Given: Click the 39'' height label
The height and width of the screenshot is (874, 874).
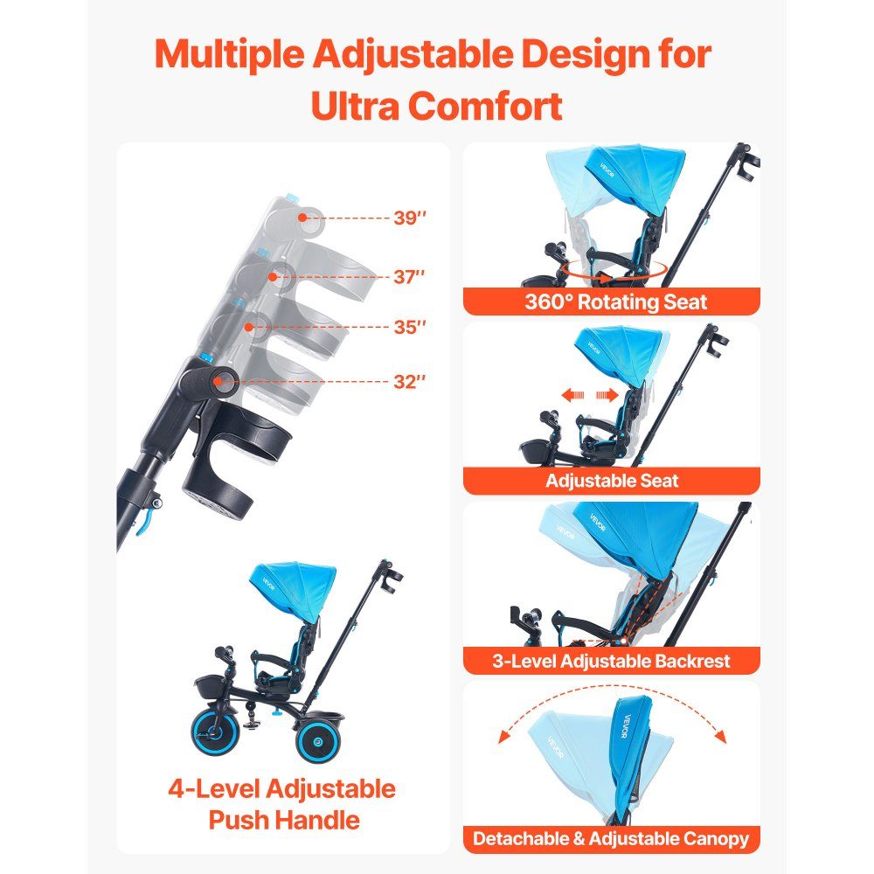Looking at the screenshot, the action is pos(410,218).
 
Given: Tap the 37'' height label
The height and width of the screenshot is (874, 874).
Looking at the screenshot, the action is pos(409,276).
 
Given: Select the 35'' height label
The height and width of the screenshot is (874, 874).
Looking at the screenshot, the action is pos(410,327).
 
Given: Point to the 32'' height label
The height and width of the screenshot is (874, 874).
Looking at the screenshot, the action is pos(410,382).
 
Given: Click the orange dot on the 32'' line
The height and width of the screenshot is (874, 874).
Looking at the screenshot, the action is pos(218,382).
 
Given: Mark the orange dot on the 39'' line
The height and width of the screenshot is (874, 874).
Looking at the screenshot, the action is pos(302,218).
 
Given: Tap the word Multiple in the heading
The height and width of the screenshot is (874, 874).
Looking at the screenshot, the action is pos(230,54).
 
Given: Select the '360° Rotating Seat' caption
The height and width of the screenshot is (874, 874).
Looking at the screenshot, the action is pos(615,302).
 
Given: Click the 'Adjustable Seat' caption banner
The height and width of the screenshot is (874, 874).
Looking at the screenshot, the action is pos(612,481).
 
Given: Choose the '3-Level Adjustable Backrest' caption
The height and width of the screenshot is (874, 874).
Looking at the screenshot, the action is pos(611,661).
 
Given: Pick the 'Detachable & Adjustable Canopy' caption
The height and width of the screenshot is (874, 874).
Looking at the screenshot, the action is pos(611,839).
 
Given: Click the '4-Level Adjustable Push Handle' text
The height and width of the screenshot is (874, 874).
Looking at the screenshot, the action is pos(282,804).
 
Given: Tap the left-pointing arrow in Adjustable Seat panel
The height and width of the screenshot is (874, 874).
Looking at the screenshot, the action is pos(572,395).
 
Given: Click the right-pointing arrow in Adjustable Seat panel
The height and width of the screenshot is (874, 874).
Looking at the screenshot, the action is pos(607,395).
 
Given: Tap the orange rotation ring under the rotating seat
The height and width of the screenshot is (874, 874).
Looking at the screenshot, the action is pos(615,270).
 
